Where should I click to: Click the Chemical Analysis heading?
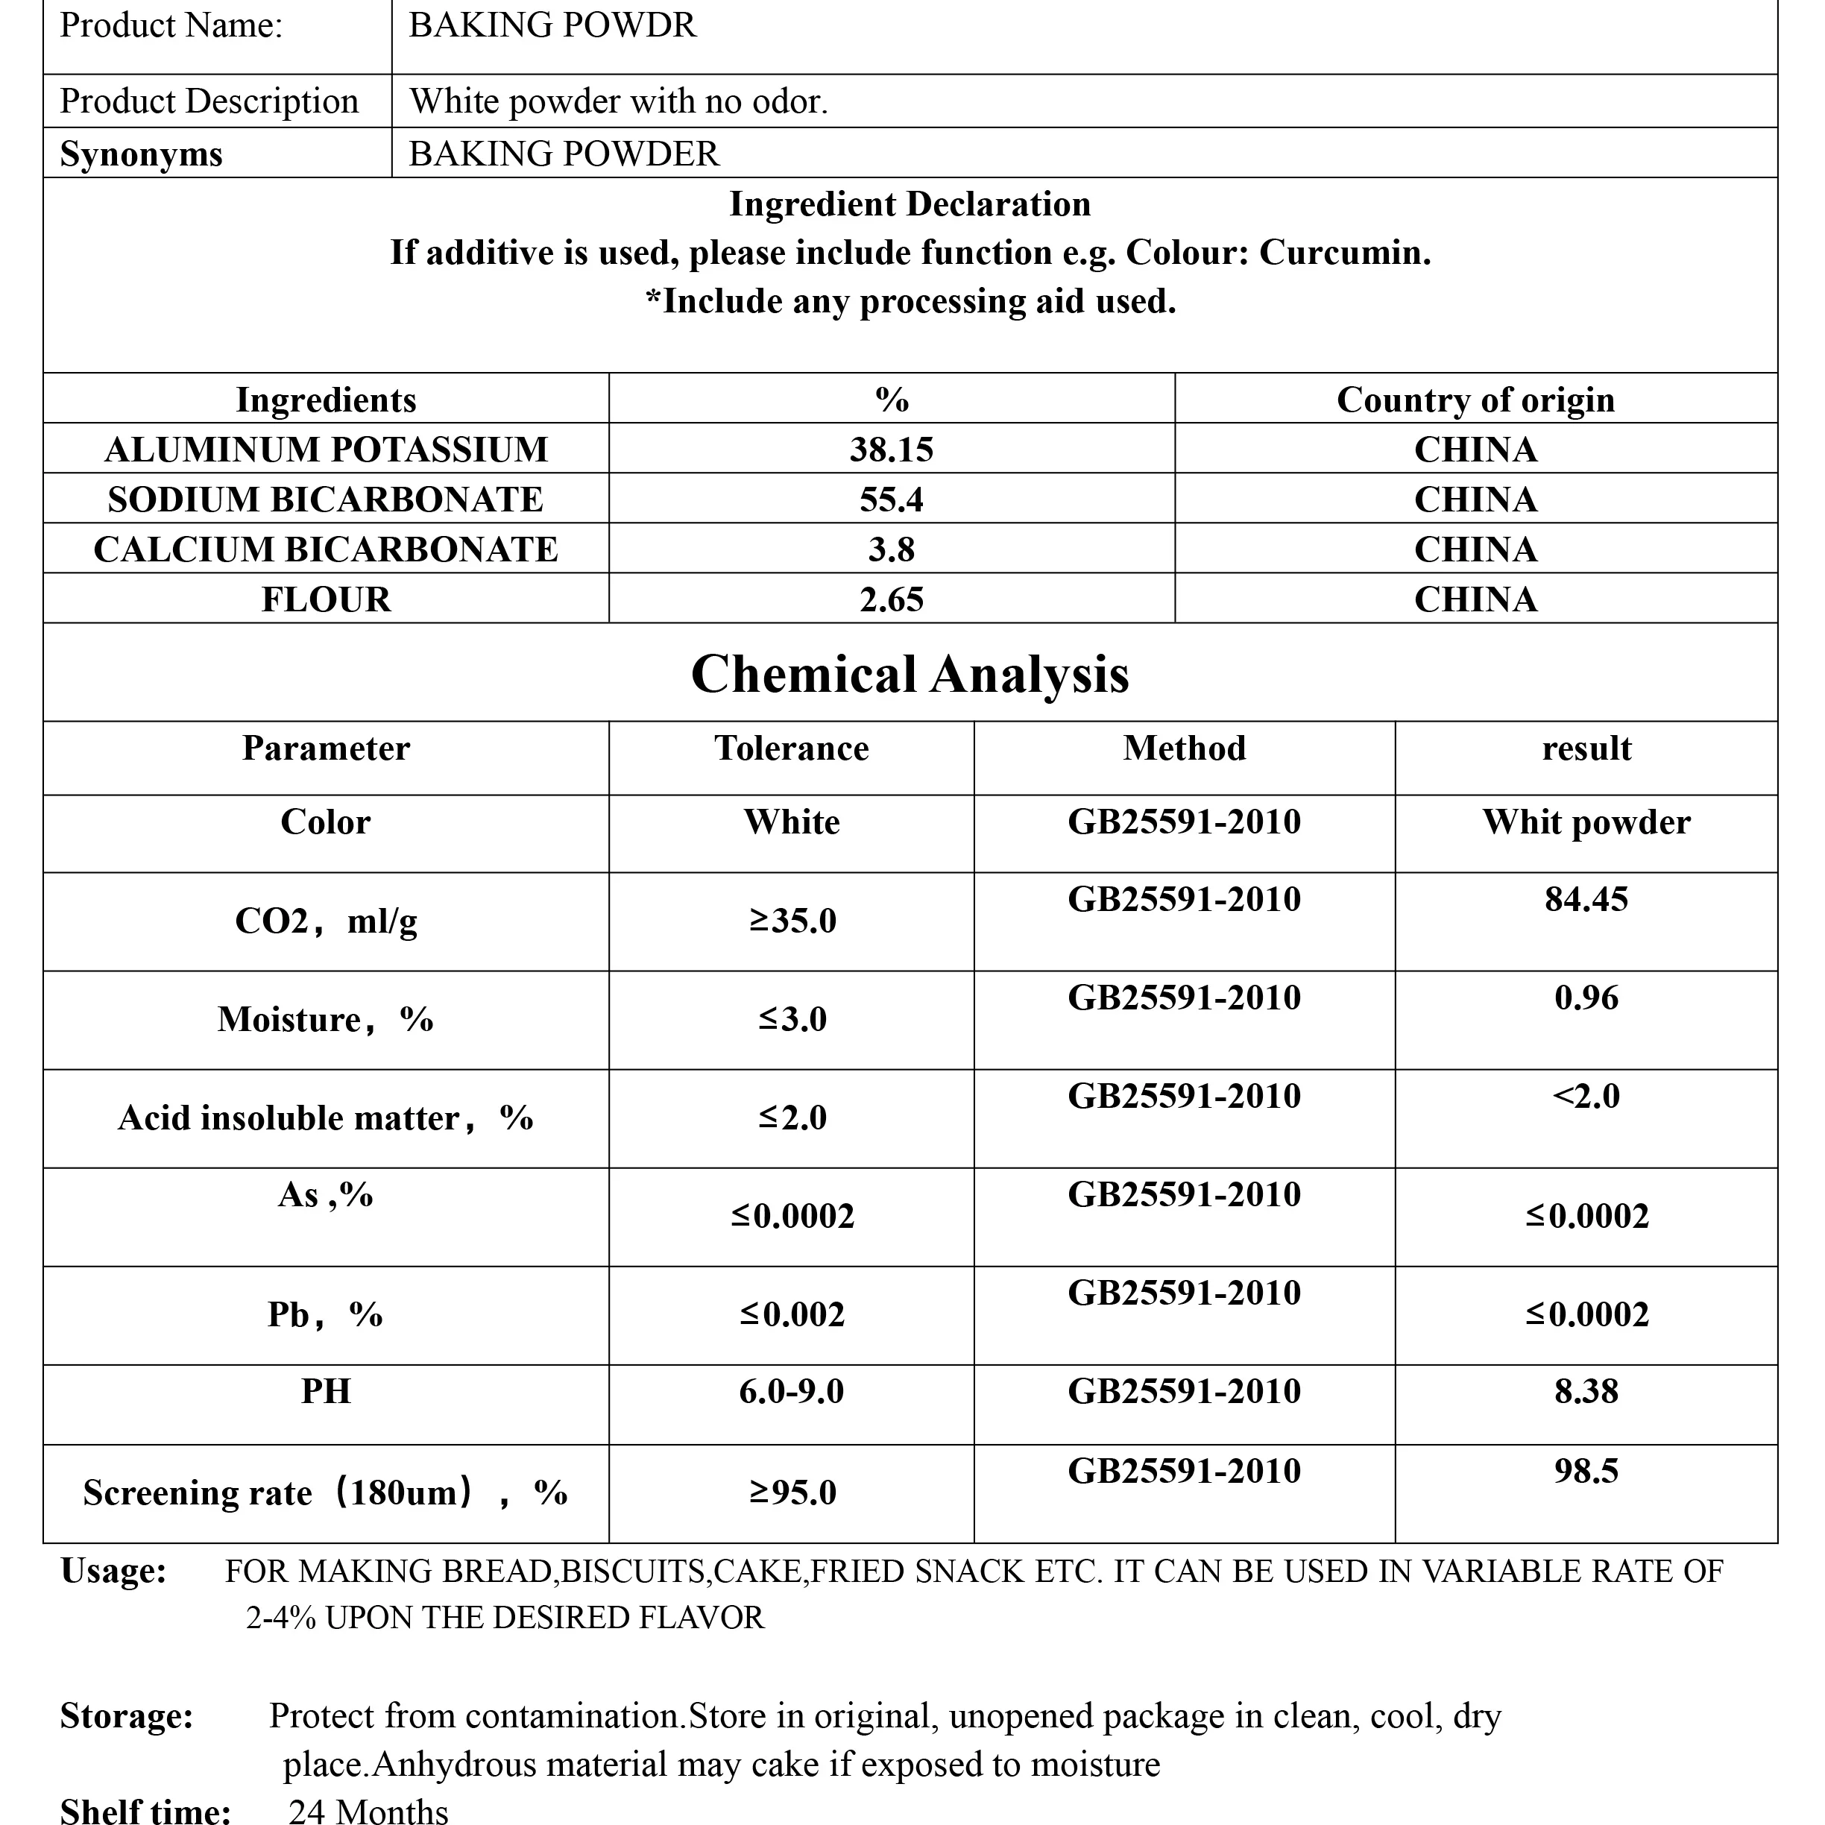[x=910, y=675]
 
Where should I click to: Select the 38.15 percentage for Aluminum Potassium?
[x=891, y=450]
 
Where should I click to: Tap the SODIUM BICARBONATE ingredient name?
[x=325, y=499]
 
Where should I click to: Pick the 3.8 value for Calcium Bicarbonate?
[x=891, y=549]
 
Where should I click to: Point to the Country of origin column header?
[x=1475, y=400]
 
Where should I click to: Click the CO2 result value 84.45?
[x=1586, y=899]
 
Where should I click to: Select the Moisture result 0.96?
[x=1586, y=997]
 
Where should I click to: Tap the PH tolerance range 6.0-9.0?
[x=792, y=1391]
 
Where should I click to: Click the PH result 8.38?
[x=1586, y=1391]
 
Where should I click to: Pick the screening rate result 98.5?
[x=1586, y=1471]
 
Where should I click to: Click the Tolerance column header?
[x=792, y=748]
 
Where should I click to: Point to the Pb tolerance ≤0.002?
[x=792, y=1314]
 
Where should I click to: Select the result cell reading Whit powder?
[x=1586, y=822]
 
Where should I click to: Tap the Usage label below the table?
[x=113, y=1571]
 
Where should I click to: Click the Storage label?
[x=127, y=1715]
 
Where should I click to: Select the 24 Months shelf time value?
[x=368, y=1810]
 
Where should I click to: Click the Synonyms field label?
[x=141, y=154]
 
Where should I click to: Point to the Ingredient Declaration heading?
[x=910, y=204]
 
